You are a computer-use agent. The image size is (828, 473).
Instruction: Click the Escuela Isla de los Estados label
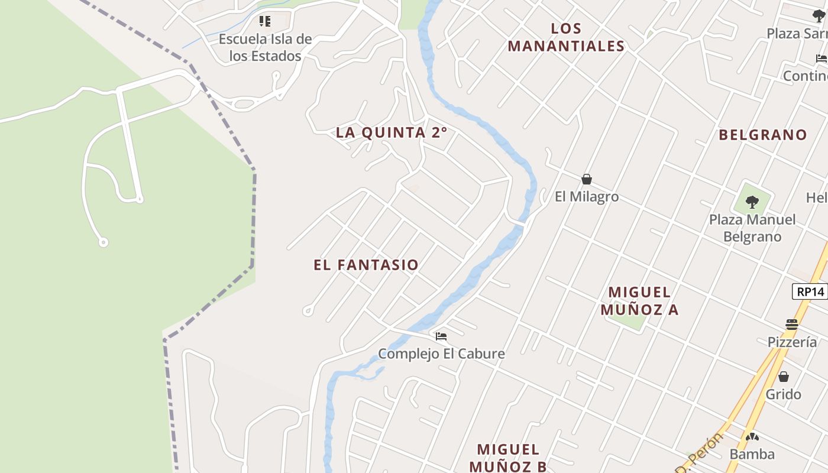click(x=265, y=47)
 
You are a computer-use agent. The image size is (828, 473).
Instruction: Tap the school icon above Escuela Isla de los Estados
click(x=265, y=22)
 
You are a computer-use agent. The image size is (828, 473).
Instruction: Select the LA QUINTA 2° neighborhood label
click(x=392, y=132)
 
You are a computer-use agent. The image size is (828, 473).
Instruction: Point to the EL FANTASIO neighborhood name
click(x=366, y=265)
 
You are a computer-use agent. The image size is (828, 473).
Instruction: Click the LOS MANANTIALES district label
click(x=566, y=37)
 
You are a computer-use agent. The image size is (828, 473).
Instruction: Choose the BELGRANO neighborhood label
click(x=763, y=135)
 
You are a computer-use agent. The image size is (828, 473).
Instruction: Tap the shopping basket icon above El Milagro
click(x=587, y=179)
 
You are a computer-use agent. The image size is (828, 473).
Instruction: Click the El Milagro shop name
click(x=587, y=197)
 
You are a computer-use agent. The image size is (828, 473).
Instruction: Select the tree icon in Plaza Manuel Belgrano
click(x=752, y=203)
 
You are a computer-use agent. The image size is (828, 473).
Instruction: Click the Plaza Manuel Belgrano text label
click(x=752, y=228)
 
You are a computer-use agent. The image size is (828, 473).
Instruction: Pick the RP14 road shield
click(x=810, y=291)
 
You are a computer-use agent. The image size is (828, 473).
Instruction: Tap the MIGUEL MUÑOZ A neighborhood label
click(x=639, y=300)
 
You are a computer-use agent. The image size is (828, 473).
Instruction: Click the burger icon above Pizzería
click(x=792, y=324)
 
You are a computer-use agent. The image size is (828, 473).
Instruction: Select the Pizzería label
click(x=792, y=342)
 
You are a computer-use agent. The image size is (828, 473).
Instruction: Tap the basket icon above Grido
click(x=784, y=377)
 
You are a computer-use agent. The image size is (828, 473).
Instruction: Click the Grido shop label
click(x=784, y=394)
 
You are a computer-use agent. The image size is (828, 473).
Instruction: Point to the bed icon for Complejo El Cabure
click(x=441, y=336)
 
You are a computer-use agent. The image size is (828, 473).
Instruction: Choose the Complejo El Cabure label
click(x=441, y=354)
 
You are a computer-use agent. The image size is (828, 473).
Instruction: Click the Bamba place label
click(x=752, y=454)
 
